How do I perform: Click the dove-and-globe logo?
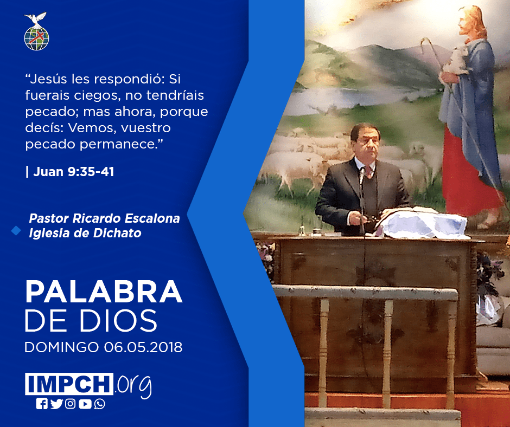[36, 31]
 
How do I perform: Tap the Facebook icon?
[42, 404]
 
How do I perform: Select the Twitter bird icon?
[56, 404]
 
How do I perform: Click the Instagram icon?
[70, 404]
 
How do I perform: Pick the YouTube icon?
[85, 404]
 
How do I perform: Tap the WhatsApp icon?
[99, 404]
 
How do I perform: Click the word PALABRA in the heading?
[104, 292]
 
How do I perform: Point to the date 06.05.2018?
[143, 347]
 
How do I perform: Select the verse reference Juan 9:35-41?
[74, 172]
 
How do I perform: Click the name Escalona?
[152, 218]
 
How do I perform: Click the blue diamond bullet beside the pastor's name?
[16, 230]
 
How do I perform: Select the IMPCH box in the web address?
[69, 384]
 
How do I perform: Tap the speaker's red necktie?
[368, 171]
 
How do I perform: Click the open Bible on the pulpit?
[423, 222]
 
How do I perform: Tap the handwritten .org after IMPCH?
[133, 386]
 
